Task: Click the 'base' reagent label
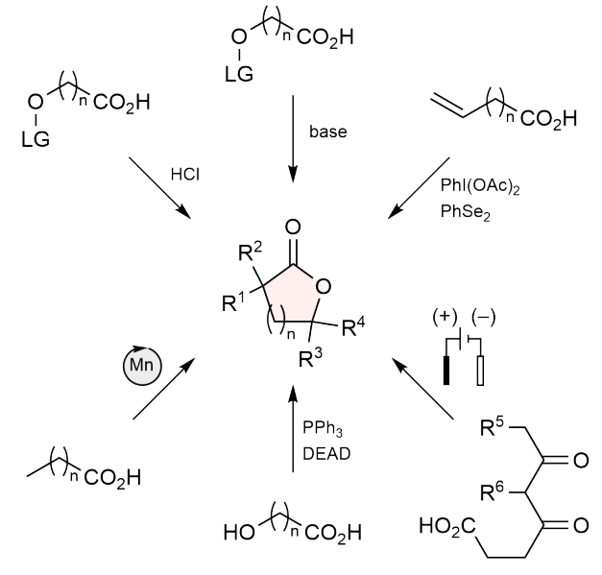[x=327, y=132]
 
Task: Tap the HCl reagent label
[x=185, y=175]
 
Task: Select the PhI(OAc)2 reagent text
[x=480, y=186]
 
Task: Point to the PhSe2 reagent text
[x=466, y=212]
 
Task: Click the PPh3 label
[x=322, y=428]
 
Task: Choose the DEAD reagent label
[x=326, y=454]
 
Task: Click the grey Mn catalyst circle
[x=142, y=366]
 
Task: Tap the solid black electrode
[x=446, y=370]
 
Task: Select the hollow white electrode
[x=480, y=371]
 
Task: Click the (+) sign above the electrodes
[x=445, y=318]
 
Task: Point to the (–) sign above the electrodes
[x=483, y=318]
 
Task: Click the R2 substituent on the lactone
[x=250, y=252]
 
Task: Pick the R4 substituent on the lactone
[x=353, y=327]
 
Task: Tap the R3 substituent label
[x=310, y=358]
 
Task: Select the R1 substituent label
[x=233, y=301]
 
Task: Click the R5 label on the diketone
[x=492, y=426]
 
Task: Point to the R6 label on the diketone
[x=492, y=491]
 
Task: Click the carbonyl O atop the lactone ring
[x=293, y=227]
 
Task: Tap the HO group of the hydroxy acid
[x=239, y=533]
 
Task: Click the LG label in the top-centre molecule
[x=239, y=74]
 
